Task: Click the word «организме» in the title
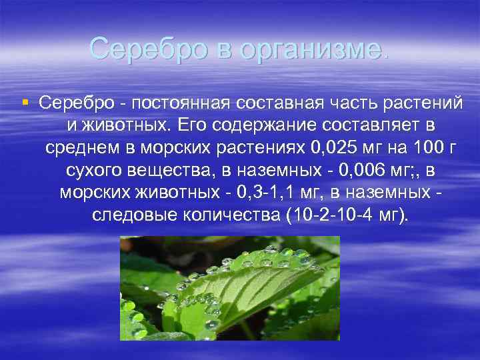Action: click(x=314, y=49)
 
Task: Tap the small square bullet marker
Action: click(x=25, y=103)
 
